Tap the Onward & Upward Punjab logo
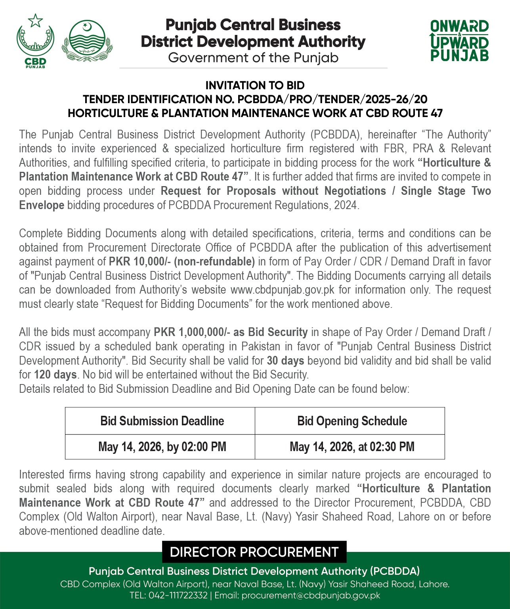[459, 41]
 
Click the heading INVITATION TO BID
[255, 85]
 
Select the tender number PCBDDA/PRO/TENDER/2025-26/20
[332, 99]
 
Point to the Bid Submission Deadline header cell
[162, 421]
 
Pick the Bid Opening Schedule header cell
[352, 421]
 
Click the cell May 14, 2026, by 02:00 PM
[162, 447]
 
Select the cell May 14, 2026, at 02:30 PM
[352, 447]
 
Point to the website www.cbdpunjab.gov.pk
[283, 290]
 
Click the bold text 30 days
[285, 361]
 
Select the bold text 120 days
[55, 375]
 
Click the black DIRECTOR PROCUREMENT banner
[254, 552]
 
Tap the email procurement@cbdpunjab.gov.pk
[311, 595]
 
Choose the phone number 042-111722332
[178, 595]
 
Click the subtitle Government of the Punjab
[253, 58]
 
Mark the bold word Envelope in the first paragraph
[42, 205]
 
